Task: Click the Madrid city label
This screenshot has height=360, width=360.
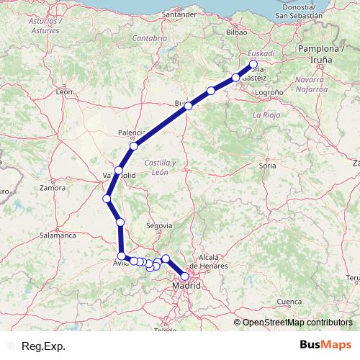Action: pyautogui.click(x=187, y=287)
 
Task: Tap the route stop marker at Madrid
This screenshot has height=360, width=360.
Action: pyautogui.click(x=185, y=276)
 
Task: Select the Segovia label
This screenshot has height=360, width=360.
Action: pyautogui.click(x=159, y=225)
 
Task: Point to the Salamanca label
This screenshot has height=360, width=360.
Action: pyautogui.click(x=58, y=235)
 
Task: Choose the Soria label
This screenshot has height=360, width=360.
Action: pyautogui.click(x=268, y=165)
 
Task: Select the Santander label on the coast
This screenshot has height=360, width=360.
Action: pyautogui.click(x=180, y=14)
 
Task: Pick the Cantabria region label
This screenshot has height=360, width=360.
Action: pyautogui.click(x=150, y=37)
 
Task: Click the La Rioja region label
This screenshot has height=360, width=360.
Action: pyautogui.click(x=266, y=114)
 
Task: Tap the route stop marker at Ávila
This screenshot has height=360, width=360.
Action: pyautogui.click(x=122, y=256)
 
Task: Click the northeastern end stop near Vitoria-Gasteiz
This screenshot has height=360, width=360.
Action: pyautogui.click(x=253, y=64)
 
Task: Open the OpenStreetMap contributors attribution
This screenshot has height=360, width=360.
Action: pyautogui.click(x=297, y=322)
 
